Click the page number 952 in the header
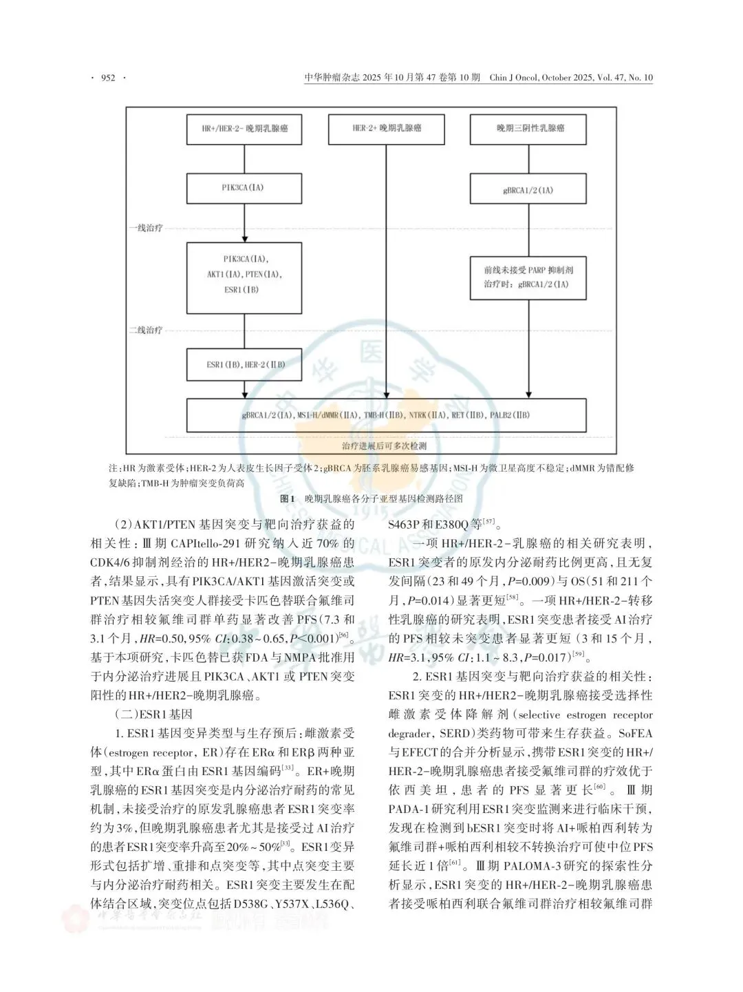point(108,78)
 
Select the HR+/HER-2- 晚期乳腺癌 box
point(244,129)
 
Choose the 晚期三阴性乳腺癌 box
point(528,129)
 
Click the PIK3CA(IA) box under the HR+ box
point(244,188)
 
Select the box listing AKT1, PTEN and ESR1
point(244,274)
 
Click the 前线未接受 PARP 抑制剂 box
point(528,278)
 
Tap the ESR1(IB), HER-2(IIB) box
point(244,365)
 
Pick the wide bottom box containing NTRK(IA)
point(387,415)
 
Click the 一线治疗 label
point(146,228)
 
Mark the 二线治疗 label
point(146,330)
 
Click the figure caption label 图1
point(288,498)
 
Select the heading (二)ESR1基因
point(158,714)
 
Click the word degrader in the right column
point(410,732)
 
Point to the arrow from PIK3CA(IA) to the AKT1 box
point(244,222)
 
